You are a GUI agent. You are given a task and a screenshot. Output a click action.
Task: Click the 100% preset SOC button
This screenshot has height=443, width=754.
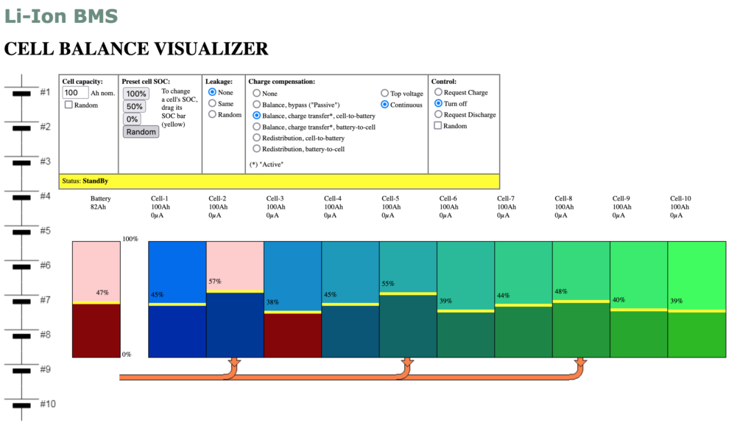coord(135,94)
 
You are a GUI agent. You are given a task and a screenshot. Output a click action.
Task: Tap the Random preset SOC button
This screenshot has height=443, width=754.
coord(141,132)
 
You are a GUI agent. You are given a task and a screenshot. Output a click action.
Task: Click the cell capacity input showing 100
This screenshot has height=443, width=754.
coord(75,93)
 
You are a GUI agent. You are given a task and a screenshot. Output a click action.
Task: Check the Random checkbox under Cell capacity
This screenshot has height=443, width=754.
coord(68,105)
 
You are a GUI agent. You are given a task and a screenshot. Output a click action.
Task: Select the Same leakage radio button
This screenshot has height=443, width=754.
coord(213,104)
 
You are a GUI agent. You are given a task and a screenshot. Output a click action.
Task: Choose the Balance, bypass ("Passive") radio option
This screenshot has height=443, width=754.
coord(256,105)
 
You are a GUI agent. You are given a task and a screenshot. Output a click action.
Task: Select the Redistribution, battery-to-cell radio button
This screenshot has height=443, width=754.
coord(256,149)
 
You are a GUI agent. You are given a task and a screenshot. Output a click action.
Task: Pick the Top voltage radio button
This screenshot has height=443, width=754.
coord(384,94)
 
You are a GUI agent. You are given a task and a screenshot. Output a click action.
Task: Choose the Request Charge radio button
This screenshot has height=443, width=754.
coord(438,93)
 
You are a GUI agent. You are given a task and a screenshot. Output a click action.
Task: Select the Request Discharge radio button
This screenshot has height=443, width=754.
coord(438,115)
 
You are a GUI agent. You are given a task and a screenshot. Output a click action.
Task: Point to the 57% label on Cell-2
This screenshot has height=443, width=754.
coord(215,282)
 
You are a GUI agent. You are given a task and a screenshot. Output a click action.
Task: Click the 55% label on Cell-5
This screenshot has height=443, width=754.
coord(388,283)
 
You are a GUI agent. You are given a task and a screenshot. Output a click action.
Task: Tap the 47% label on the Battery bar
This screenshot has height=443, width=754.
coord(102,293)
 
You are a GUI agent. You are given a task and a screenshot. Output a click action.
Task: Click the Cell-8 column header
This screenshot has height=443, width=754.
coord(563,199)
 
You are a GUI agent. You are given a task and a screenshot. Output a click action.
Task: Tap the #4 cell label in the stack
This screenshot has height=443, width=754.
coord(45,196)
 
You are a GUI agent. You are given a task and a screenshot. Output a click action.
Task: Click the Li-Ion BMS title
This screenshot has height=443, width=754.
coord(61,15)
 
